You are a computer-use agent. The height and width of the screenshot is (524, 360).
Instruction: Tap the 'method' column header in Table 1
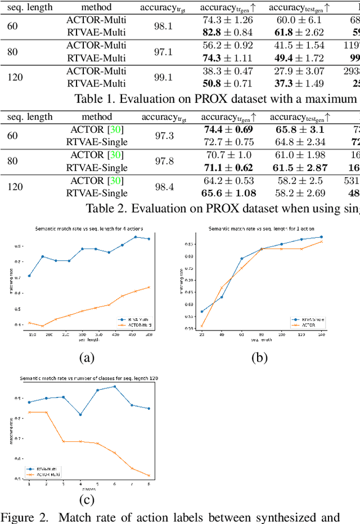coord(96,7)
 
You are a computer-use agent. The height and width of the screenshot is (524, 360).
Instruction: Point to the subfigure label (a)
coord(86,358)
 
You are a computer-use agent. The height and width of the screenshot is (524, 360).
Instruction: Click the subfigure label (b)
coord(259,358)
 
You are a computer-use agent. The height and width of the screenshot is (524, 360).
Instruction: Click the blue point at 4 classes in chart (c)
coord(80,414)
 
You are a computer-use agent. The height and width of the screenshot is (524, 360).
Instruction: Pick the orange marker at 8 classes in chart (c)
coord(148,475)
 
